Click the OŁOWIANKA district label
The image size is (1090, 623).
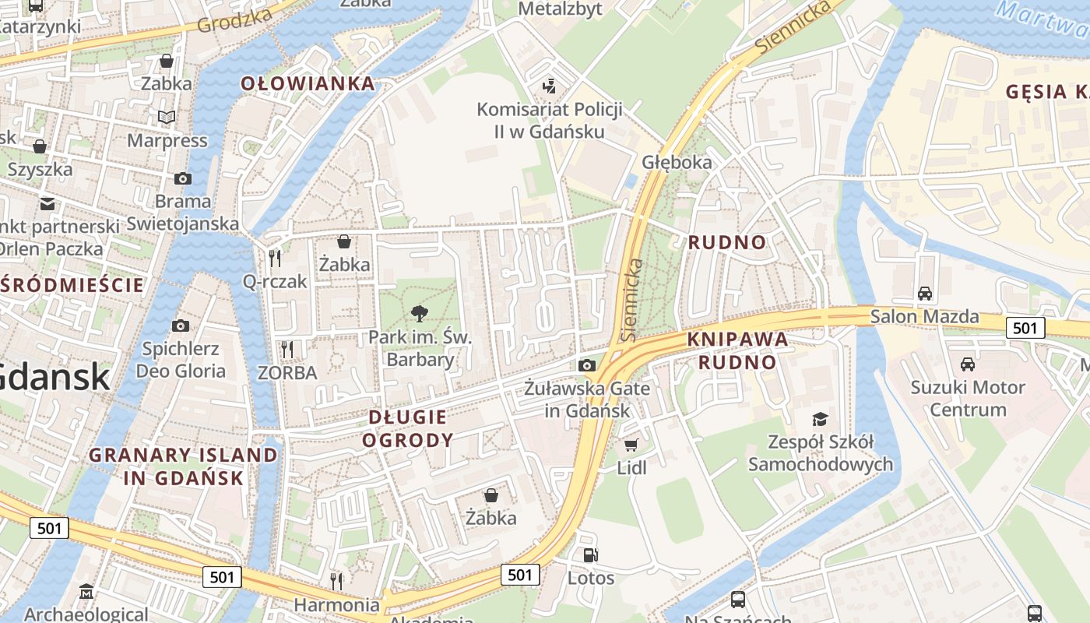click(308, 84)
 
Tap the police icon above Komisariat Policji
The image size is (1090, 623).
click(550, 86)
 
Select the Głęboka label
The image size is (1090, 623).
click(677, 162)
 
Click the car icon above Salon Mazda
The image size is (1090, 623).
click(925, 294)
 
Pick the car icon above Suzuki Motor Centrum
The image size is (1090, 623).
click(968, 364)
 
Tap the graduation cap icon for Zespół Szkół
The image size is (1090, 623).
click(820, 420)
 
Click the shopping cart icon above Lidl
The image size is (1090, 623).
click(631, 445)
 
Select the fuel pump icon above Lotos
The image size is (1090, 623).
click(591, 555)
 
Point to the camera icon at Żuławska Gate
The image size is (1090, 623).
click(587, 365)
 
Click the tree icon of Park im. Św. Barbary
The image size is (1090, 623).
click(420, 314)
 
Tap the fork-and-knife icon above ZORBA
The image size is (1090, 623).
click(287, 350)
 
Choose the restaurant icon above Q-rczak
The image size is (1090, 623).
click(275, 258)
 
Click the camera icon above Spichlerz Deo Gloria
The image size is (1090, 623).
click(181, 326)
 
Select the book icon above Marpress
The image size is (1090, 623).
click(167, 118)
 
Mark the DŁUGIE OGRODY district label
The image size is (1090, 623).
click(410, 428)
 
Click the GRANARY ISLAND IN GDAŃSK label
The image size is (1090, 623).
click(183, 466)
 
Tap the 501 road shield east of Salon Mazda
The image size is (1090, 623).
click(1025, 328)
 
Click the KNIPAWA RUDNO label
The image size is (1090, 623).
click(737, 350)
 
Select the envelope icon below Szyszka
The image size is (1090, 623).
click(47, 204)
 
